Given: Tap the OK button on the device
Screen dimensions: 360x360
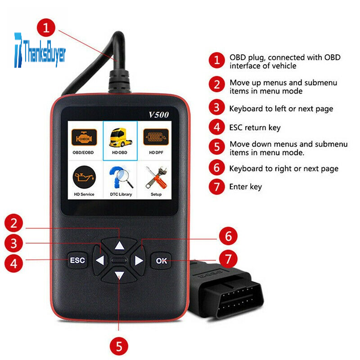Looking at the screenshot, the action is pyautogui.click(x=161, y=261).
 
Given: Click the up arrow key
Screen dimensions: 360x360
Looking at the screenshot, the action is pyautogui.click(x=119, y=245).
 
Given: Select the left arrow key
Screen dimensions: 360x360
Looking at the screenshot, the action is pyautogui.click(x=100, y=261).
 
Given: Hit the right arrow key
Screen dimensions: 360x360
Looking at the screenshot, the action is pyautogui.click(x=138, y=261).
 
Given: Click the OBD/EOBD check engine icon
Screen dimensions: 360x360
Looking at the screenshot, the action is pyautogui.click(x=84, y=137).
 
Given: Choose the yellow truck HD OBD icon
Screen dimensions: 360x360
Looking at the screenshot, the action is pyautogui.click(x=120, y=137).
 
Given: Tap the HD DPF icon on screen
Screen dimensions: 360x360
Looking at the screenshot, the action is pyautogui.click(x=156, y=137).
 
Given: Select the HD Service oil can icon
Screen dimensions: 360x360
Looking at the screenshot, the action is pyautogui.click(x=84, y=177).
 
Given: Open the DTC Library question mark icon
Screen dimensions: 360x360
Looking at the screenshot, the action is pyautogui.click(x=120, y=177).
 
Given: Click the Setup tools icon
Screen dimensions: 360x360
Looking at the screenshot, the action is pyautogui.click(x=156, y=178).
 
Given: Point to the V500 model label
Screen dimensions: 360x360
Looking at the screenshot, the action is pyautogui.click(x=159, y=114).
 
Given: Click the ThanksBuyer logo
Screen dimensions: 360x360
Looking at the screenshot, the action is pyautogui.click(x=40, y=50).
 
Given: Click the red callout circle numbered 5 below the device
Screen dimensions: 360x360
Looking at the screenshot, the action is pyautogui.click(x=119, y=346).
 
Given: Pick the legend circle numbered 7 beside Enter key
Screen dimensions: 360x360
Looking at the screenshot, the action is pyautogui.click(x=217, y=187).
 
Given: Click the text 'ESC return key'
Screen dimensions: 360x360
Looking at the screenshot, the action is pyautogui.click(x=255, y=128).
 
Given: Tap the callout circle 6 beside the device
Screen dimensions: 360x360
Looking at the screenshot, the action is pyautogui.click(x=228, y=236).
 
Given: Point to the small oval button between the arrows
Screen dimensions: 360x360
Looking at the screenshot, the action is pyautogui.click(x=119, y=261).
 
